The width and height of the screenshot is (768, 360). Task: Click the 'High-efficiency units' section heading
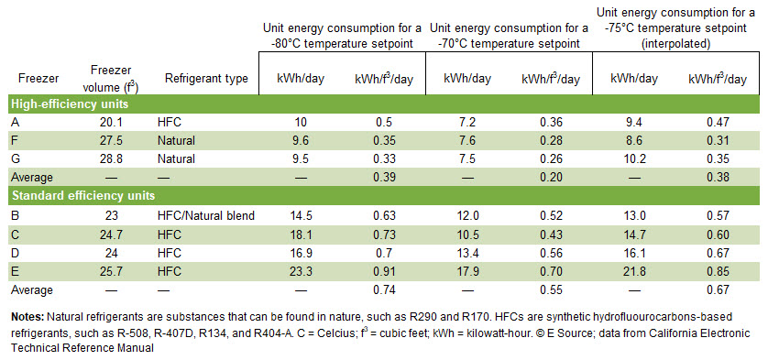(69, 104)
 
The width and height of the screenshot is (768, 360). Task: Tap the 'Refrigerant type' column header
(206, 79)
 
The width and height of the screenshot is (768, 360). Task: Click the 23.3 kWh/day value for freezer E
(298, 271)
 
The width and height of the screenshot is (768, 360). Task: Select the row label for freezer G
(16, 158)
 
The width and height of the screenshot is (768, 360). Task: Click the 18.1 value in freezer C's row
(298, 235)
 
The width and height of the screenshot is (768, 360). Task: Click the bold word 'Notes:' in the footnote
(27, 316)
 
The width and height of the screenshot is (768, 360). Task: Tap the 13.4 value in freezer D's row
(466, 253)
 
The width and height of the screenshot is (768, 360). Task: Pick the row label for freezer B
(16, 216)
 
